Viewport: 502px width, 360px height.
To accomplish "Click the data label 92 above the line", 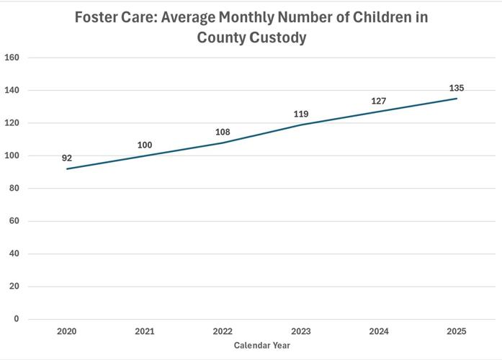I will pos(67,158).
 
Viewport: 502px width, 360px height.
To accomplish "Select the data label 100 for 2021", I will pos(145,145).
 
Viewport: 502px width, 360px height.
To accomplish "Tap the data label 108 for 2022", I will pos(223,132).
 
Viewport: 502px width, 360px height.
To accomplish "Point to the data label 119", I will pos(301,114).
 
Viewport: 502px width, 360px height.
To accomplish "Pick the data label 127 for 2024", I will pos(379,102).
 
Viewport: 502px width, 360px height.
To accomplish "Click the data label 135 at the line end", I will pos(457,89).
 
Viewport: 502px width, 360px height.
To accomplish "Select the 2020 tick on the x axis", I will pos(67,331).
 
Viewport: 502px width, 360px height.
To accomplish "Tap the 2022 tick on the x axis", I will pos(223,331).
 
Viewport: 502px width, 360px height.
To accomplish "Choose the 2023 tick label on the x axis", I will pos(301,331).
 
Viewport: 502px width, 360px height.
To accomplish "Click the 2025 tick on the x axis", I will pos(457,331).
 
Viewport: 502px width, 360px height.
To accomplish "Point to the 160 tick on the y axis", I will pos(12,58).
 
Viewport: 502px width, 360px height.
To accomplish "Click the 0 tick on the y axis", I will pos(17,319).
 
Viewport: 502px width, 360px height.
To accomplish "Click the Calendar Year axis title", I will pos(262,346).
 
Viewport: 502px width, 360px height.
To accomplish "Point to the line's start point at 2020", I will pos(67,169).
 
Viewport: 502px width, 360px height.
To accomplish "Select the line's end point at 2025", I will pos(457,99).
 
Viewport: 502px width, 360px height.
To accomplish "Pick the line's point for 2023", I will pos(301,125).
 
